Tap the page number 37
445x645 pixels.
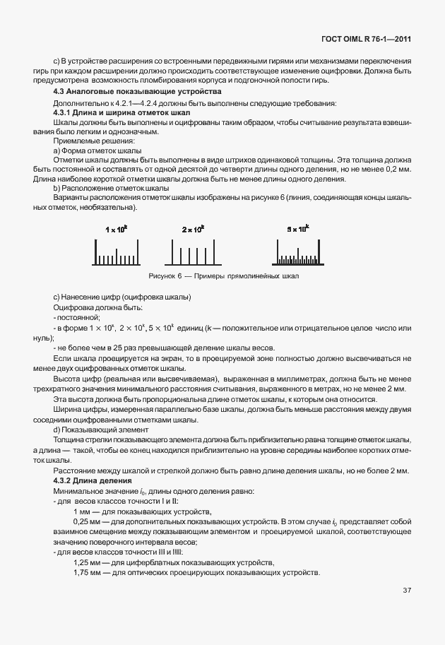pos(407,590)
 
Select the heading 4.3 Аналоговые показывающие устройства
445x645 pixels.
pos(138,92)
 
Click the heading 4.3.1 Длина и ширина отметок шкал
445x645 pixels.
pos(119,113)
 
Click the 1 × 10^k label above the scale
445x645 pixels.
pos(116,230)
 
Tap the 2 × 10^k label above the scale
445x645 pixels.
pos(193,230)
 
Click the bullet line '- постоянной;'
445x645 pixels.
pos(77,318)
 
